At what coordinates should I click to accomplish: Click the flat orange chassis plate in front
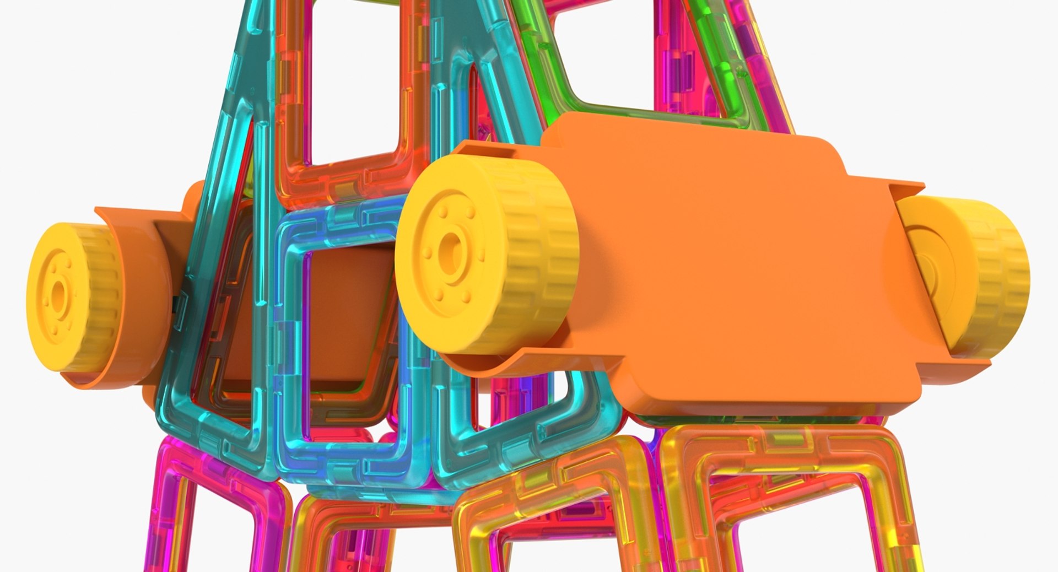[x=716, y=259]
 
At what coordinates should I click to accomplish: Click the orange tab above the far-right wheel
[x=904, y=187]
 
